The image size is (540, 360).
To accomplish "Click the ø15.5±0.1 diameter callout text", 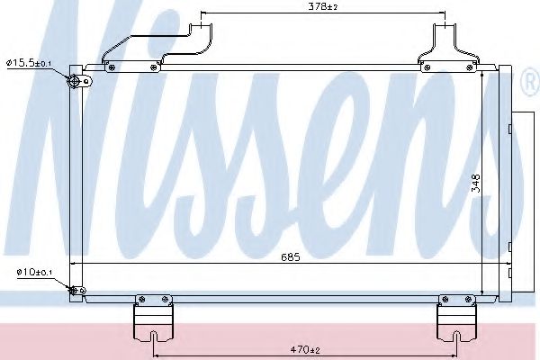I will click(31, 62).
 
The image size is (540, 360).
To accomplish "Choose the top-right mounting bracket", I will click(447, 49).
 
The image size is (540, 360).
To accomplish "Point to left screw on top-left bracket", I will click(112, 65).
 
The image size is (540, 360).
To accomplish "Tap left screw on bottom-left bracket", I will click(139, 300).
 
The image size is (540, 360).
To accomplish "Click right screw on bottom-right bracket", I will click(472, 300).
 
